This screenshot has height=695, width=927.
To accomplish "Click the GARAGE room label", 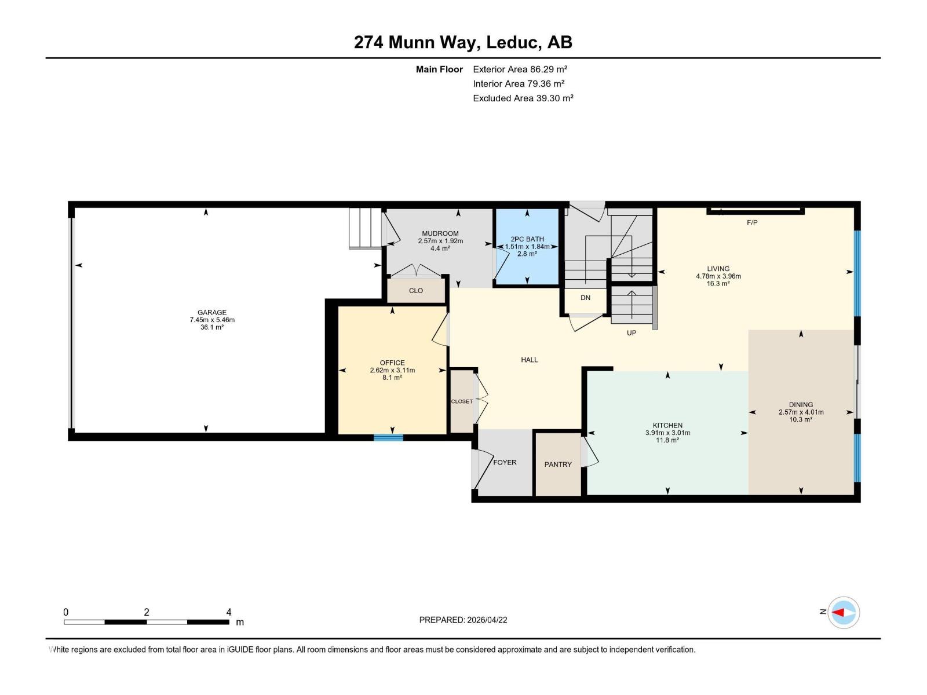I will pos(211,312).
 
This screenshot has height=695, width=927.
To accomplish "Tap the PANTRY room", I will pos(557,464).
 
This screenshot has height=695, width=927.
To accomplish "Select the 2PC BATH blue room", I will pos(527,246).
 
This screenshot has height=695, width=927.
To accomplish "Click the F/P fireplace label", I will pos(752,222).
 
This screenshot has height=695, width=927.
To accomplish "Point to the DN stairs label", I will pos(585,298).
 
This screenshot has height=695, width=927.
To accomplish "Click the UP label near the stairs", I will pos(632,333).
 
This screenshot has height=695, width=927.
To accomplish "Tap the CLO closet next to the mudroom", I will pos(415,291).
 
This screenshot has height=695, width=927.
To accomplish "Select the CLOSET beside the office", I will pos(462,401).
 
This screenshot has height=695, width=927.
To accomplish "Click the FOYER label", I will pos(505,462).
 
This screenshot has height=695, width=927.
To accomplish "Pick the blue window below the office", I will pos(388,438).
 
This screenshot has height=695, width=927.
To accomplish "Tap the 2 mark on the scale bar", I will pos(147,612).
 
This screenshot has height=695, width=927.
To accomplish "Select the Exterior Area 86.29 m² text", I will pos(520,69).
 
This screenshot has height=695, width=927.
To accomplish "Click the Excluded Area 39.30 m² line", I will pos(523,98).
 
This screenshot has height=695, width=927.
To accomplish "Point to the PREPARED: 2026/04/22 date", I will pos(463,620).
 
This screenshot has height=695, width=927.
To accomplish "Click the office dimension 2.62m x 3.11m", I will pos(392,370).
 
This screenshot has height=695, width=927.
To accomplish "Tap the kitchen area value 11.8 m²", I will pos(667,440).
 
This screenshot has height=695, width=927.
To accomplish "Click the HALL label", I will pos(529,360).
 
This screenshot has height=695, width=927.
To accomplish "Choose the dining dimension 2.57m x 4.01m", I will pos(801,412).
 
